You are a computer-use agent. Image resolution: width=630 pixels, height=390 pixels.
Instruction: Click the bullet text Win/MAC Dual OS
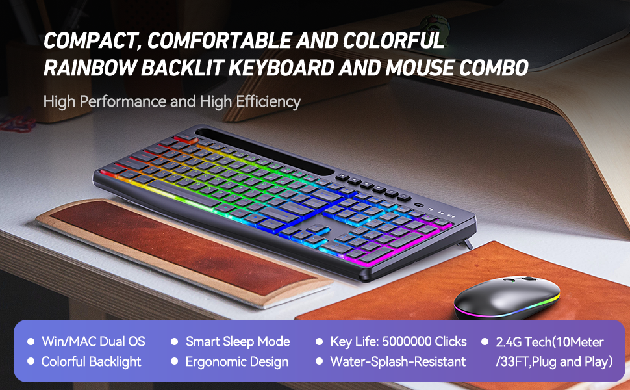pos(93,342)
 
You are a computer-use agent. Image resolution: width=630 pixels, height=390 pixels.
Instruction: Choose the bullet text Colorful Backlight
pos(91,362)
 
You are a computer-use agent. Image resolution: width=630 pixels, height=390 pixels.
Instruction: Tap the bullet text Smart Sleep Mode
pos(238,342)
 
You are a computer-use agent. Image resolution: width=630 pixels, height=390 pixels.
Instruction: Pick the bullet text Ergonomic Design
pos(237,362)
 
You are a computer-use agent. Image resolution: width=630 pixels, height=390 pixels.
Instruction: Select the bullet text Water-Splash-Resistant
pos(397,362)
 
